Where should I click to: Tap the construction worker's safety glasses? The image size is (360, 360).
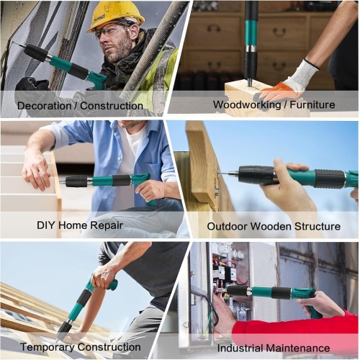click(113, 30)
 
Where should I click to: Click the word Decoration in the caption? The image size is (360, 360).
click(44, 106)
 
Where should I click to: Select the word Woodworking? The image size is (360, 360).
click(247, 104)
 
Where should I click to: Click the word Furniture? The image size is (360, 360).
click(312, 104)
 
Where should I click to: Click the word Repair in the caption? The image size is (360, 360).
click(107, 226)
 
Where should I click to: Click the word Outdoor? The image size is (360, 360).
click(227, 226)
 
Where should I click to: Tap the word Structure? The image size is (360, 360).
click(318, 226)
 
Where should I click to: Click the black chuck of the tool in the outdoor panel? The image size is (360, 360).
click(256, 174)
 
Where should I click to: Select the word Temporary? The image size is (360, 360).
click(48, 348)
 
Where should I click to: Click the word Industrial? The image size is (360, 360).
click(240, 348)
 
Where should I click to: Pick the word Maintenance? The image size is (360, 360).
click(298, 348)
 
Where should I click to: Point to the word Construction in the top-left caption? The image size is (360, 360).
click(112, 106)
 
